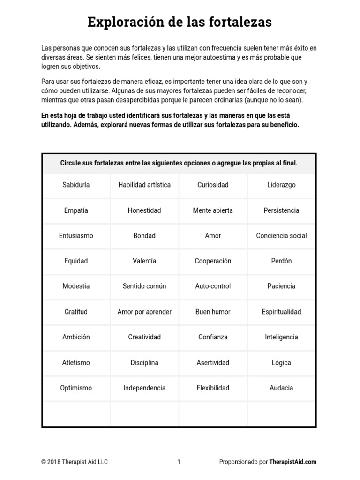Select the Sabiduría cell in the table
[76, 185]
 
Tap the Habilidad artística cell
[144, 185]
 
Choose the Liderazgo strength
[281, 185]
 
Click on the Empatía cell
[76, 210]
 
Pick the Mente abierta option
[213, 210]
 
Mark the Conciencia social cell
[281, 236]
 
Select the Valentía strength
[144, 261]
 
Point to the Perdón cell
[281, 261]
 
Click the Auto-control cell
[213, 286]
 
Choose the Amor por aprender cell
[144, 312]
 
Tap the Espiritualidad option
[281, 312]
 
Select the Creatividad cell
[144, 337]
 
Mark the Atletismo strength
[76, 362]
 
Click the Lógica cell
[281, 362]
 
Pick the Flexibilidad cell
[213, 388]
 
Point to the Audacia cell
[281, 388]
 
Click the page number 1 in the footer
[179, 462]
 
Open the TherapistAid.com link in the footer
[293, 462]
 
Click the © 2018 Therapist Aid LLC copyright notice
[75, 462]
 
